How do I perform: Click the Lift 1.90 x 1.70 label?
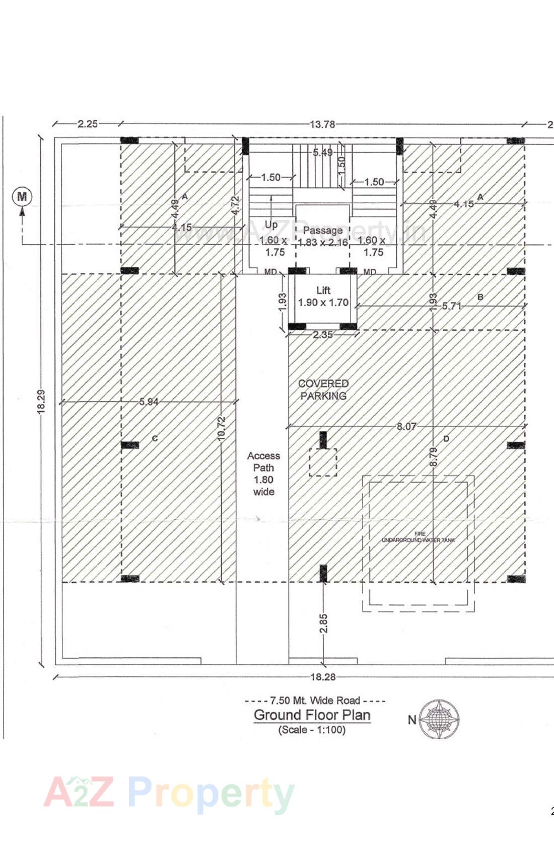point(323,296)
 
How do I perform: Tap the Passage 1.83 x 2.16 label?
point(323,236)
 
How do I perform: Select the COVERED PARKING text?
point(323,390)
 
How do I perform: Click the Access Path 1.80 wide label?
point(263,474)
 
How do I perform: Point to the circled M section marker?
point(22,196)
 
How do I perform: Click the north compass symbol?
point(439,719)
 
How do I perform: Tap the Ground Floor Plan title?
point(312,715)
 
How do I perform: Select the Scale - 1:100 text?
point(312,730)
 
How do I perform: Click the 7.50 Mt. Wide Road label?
point(315,700)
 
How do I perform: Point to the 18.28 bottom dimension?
point(323,677)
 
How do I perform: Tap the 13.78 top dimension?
point(322,124)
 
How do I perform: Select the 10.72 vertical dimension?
point(222,429)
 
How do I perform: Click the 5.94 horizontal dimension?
point(149,402)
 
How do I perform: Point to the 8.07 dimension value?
point(406,426)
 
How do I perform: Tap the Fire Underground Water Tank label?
point(419,537)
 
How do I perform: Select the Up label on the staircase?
point(271,224)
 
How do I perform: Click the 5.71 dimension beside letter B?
point(452,305)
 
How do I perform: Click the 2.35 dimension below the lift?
point(323,335)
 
